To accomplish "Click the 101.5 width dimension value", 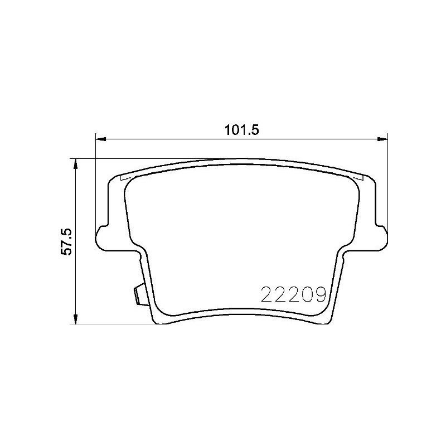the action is (x=242, y=130).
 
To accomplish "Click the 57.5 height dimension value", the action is (x=67, y=241).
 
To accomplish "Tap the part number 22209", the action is (x=293, y=294).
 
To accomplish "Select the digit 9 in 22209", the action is (x=319, y=294).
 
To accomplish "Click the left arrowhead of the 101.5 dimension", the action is (x=101, y=139).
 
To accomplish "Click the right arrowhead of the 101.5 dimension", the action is (x=382, y=139).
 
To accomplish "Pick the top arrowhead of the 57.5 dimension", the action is (x=75, y=164).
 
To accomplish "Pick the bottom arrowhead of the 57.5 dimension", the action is (x=75, y=318).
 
